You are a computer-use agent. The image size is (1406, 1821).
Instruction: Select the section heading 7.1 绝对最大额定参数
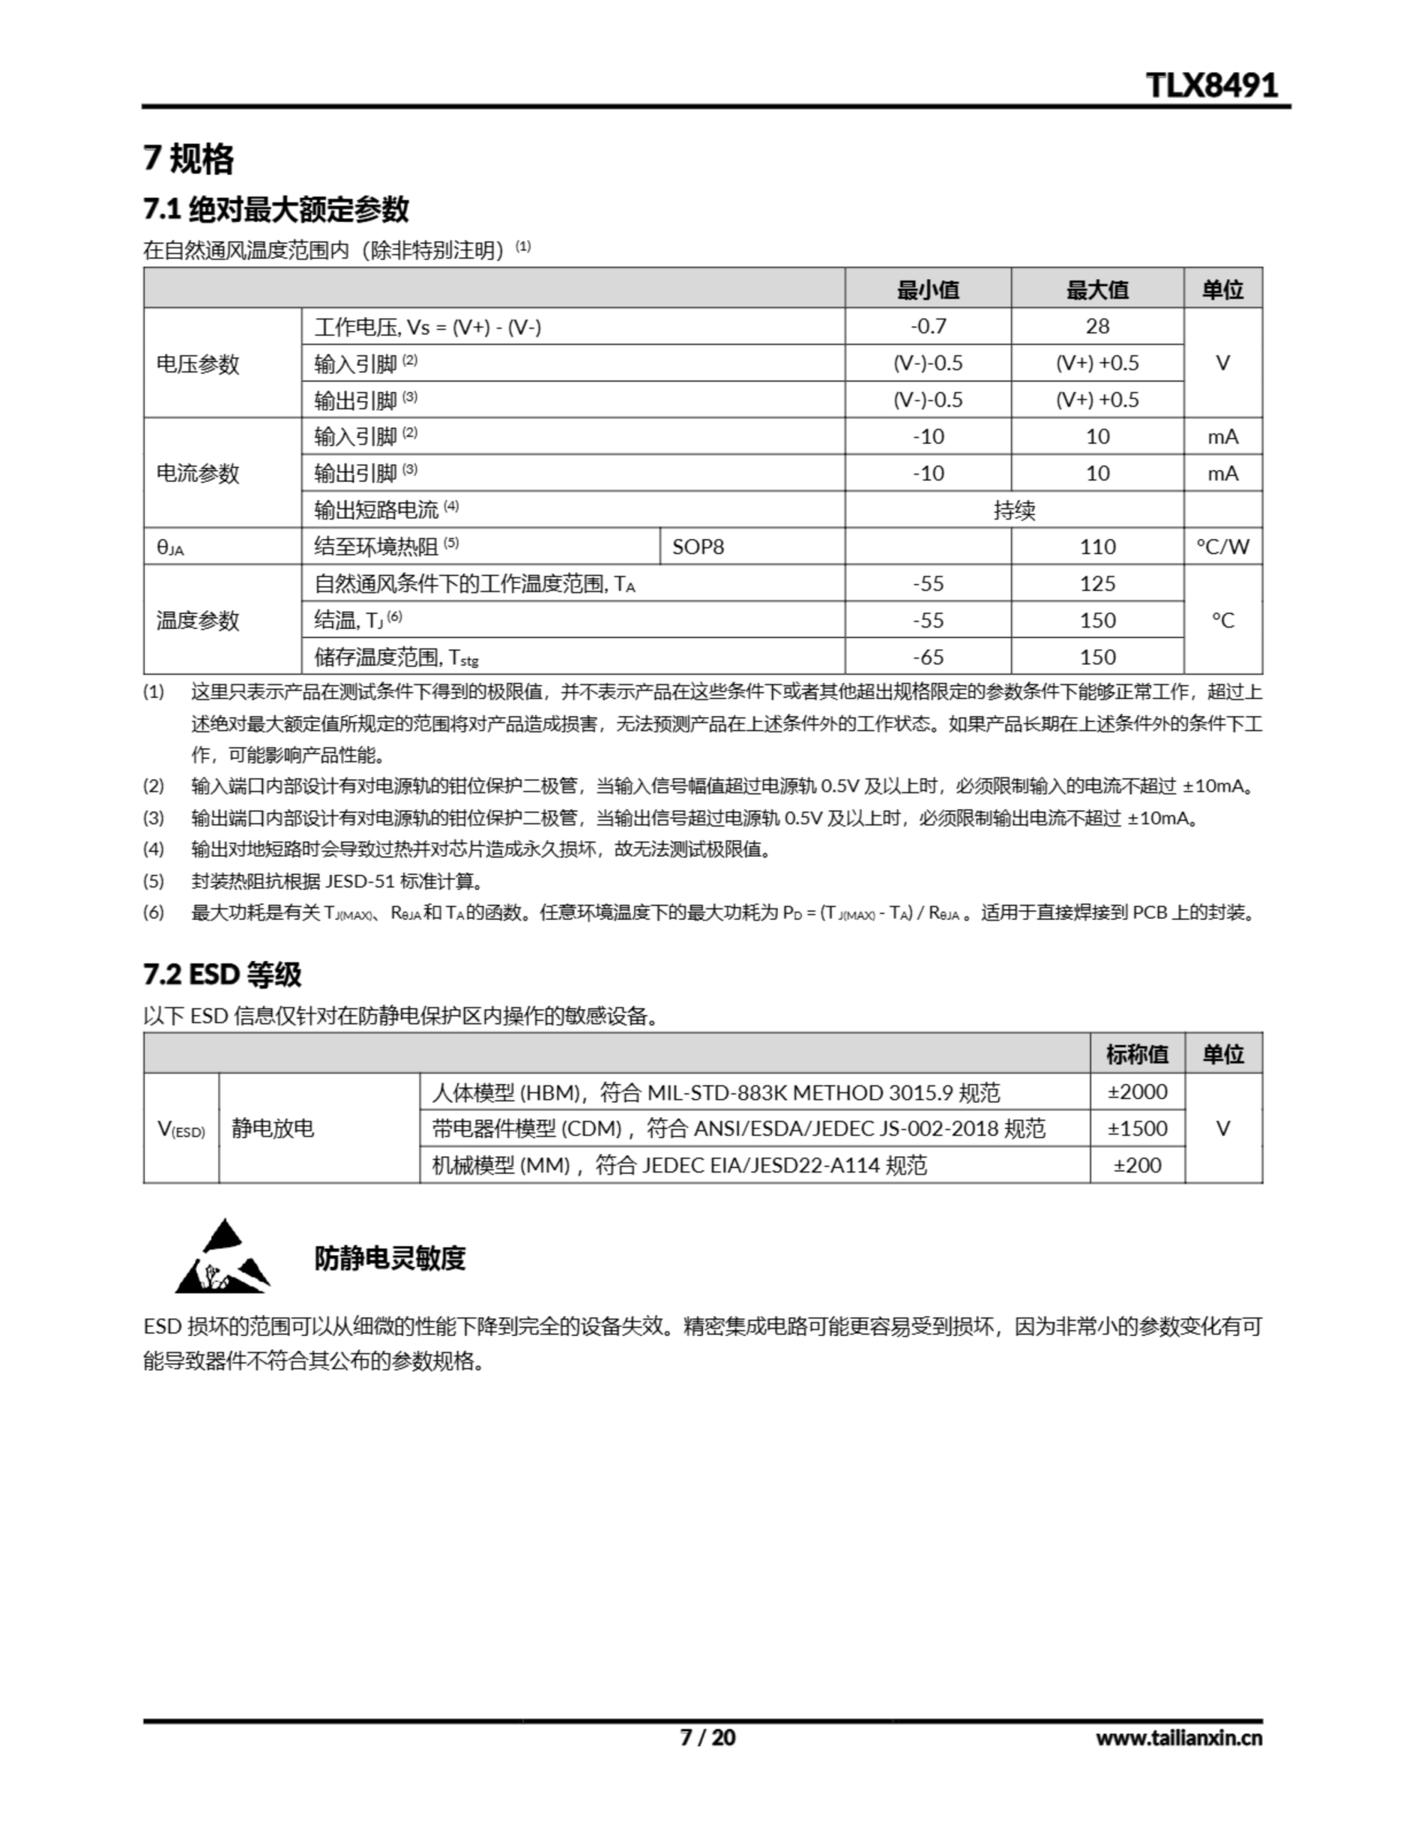[276, 209]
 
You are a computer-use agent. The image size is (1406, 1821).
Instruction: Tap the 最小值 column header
[928, 290]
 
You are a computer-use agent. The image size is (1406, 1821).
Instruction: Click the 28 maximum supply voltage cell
[1097, 326]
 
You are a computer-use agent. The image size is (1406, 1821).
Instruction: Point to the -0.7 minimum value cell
[928, 326]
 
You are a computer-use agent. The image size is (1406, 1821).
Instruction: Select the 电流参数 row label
[198, 473]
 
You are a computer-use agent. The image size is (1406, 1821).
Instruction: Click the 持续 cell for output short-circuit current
[1014, 509]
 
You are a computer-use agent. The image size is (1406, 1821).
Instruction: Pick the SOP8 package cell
[699, 547]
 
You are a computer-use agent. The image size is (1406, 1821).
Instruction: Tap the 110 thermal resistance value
[1097, 547]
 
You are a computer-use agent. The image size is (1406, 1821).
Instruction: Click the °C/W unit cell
[1223, 547]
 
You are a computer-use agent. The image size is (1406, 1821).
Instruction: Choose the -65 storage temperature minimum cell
[928, 657]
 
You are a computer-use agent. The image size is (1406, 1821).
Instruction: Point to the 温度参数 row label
[198, 620]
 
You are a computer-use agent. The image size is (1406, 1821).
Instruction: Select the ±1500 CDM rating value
[1137, 1128]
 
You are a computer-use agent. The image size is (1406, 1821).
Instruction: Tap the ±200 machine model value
[1137, 1165]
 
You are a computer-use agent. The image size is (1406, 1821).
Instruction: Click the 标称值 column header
[1137, 1055]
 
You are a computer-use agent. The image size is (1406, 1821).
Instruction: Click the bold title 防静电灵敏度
[390, 1258]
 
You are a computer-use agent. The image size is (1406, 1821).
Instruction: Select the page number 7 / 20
[707, 1738]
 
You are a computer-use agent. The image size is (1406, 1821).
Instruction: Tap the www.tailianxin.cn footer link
[1179, 1738]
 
